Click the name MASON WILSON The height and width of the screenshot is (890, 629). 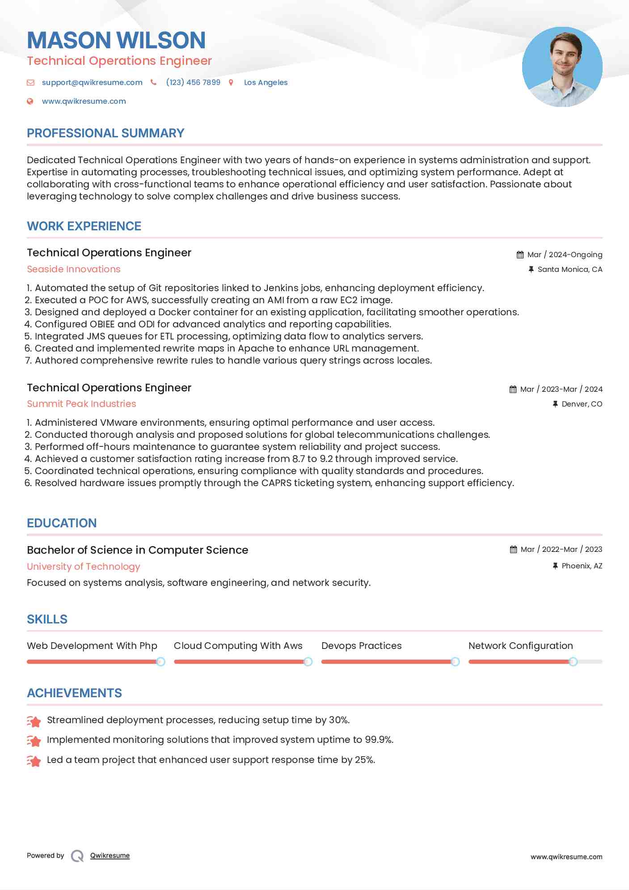click(x=116, y=40)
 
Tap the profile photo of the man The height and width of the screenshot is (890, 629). click(x=562, y=67)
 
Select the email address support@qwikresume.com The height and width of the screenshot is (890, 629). click(x=92, y=82)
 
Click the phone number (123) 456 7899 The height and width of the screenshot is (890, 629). click(x=193, y=82)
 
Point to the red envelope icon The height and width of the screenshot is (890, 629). click(x=30, y=82)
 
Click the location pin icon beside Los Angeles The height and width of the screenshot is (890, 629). click(x=231, y=82)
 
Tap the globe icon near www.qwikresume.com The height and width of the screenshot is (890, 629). click(x=30, y=101)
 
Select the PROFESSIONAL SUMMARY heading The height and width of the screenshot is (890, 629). click(x=106, y=133)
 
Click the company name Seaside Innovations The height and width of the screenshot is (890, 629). click(x=74, y=269)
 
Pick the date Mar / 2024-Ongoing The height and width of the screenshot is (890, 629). click(x=565, y=254)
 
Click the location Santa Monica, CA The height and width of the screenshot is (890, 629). click(x=570, y=269)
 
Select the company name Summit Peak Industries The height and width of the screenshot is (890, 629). click(x=81, y=404)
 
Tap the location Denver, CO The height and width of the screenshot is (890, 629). click(x=582, y=404)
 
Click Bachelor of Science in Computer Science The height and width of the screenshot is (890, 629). click(x=137, y=550)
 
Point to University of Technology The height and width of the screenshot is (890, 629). click(x=84, y=567)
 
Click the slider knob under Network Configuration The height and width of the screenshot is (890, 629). click(x=573, y=661)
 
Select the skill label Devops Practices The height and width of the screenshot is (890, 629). click(x=361, y=646)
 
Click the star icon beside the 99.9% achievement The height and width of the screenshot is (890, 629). click(x=34, y=741)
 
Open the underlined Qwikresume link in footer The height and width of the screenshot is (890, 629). click(x=110, y=856)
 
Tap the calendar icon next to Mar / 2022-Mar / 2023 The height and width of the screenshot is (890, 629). click(x=513, y=549)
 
